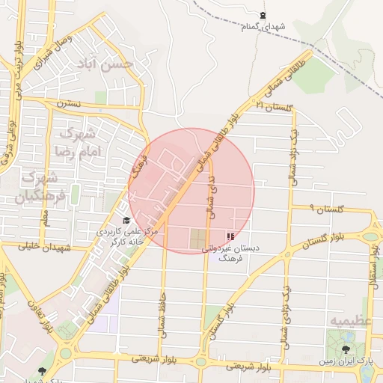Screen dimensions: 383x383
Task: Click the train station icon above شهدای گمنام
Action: point(263,15)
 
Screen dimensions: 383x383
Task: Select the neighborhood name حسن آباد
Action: point(108,66)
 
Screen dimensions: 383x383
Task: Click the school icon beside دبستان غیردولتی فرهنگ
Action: point(229,236)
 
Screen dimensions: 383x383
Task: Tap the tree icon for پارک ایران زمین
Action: point(346,349)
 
